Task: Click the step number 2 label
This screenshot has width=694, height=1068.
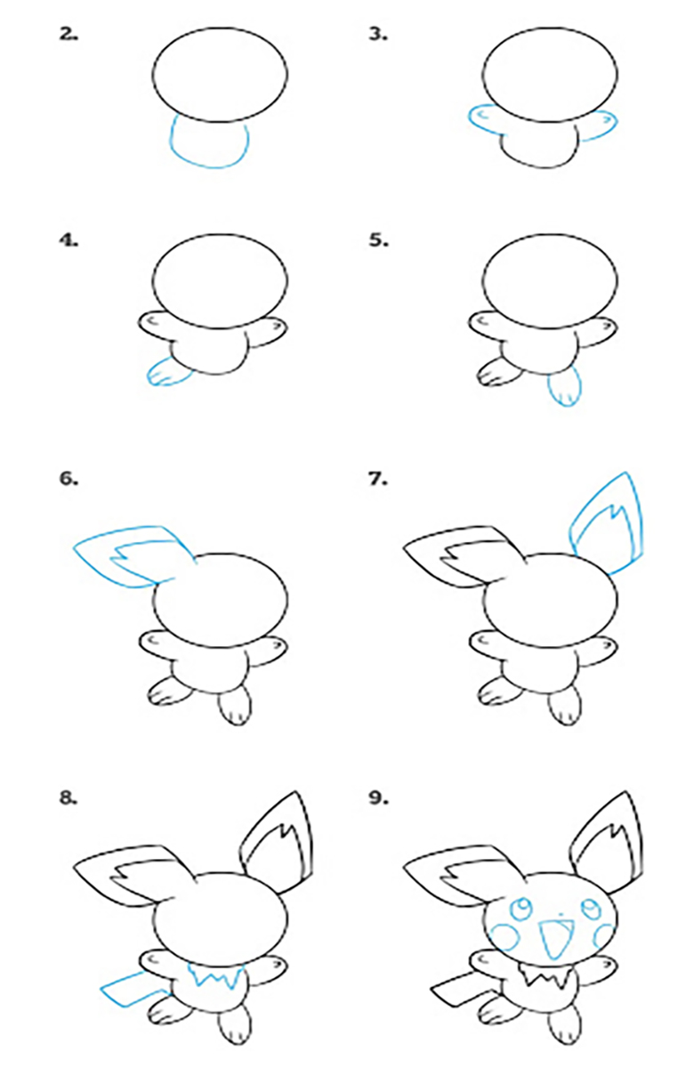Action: coord(69,35)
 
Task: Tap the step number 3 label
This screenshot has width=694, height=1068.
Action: coord(378,35)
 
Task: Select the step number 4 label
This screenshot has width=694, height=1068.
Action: coord(69,241)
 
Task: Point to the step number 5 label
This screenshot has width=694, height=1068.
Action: coord(378,241)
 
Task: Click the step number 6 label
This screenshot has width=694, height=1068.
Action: coord(69,479)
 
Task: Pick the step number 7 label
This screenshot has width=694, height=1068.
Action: coord(378,479)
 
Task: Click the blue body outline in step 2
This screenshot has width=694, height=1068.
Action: coord(208,167)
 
